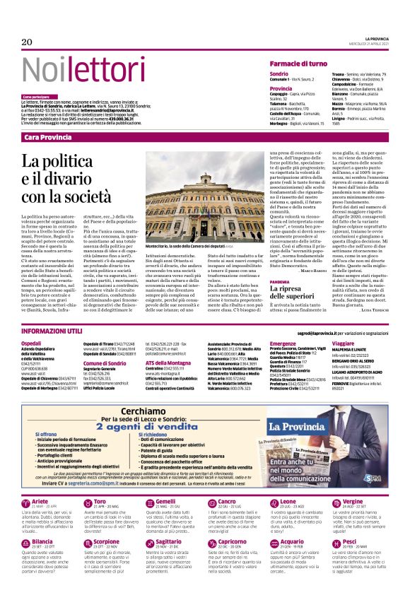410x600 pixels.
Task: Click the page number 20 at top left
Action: [x=28, y=42]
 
